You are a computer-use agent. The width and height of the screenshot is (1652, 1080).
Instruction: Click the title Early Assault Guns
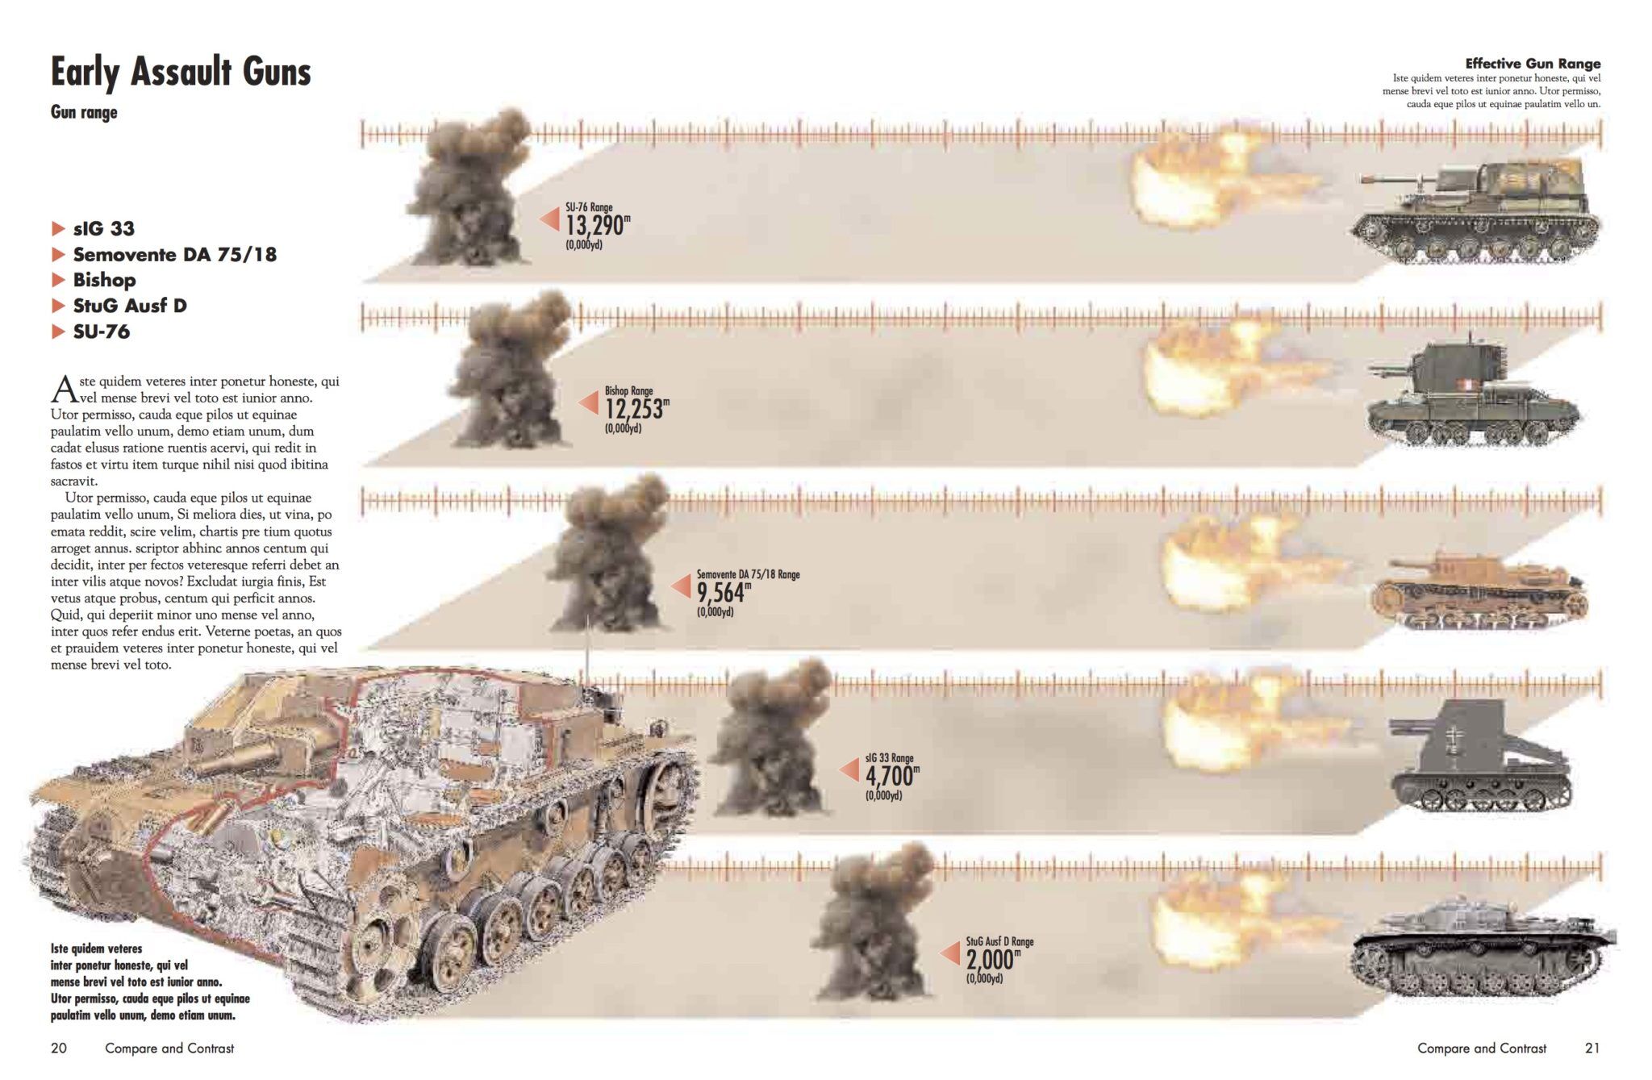[181, 72]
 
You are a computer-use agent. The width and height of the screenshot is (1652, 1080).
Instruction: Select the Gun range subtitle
[84, 112]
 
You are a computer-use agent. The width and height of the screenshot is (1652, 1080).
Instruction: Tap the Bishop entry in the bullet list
[104, 280]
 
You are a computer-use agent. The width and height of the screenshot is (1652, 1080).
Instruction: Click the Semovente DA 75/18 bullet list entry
[174, 254]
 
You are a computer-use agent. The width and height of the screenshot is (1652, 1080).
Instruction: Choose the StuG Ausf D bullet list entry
[129, 306]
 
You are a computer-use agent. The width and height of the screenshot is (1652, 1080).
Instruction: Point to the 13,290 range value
[594, 225]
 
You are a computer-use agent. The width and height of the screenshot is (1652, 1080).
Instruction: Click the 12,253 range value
[634, 409]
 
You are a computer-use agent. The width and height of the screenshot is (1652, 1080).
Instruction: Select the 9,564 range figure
[721, 593]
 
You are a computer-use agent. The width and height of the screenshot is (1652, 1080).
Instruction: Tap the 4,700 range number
[890, 776]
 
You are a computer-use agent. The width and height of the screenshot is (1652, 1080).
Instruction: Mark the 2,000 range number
[990, 960]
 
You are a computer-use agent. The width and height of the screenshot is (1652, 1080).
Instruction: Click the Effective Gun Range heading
[1532, 64]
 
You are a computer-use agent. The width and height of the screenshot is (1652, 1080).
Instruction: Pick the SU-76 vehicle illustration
[1476, 211]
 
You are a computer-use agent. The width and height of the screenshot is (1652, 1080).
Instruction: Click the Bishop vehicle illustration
[1472, 395]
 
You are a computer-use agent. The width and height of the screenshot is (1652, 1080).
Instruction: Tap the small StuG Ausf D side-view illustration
[1480, 945]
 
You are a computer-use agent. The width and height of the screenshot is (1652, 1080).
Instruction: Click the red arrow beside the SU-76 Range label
[550, 219]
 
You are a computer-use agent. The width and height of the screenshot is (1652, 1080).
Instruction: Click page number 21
[1592, 1048]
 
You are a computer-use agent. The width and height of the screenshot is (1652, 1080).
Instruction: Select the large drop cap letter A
[64, 390]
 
